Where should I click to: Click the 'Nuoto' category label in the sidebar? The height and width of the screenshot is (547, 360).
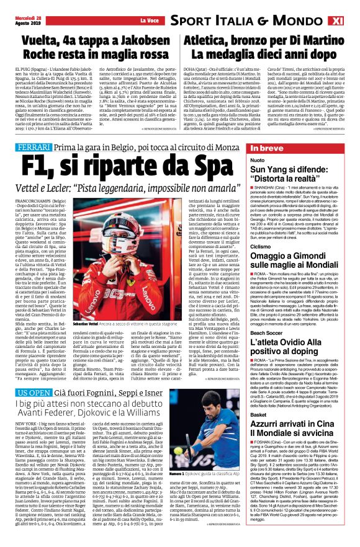(257, 161)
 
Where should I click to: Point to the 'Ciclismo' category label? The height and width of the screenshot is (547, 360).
(261, 247)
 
